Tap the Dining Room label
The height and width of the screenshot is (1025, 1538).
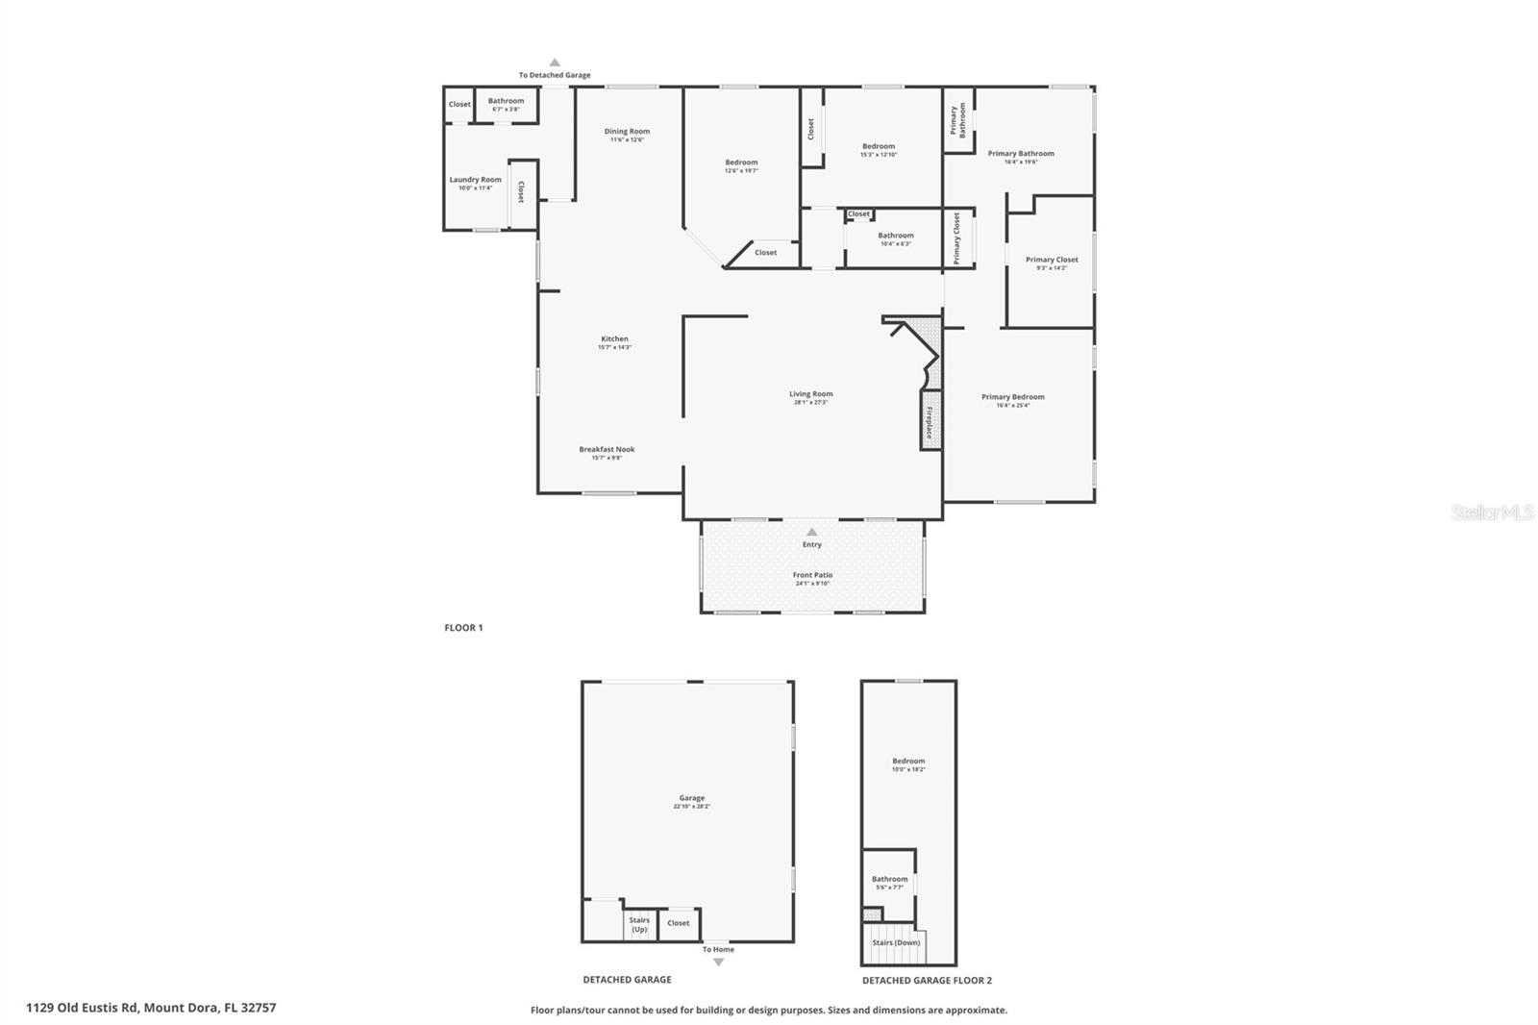coord(627,132)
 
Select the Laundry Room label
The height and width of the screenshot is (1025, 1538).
coord(475,180)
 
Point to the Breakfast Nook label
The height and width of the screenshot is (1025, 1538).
coord(607,449)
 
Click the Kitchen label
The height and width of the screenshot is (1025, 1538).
coord(614,338)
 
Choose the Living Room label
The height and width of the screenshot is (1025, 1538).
coord(810,393)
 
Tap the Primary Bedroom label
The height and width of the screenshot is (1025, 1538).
coord(1012,396)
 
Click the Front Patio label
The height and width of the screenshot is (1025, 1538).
coord(812,575)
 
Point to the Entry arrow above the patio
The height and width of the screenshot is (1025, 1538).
coord(812,532)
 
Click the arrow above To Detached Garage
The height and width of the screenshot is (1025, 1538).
coord(555,62)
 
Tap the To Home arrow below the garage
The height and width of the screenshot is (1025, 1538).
coord(718,962)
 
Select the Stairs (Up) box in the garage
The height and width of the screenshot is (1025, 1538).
coord(639,924)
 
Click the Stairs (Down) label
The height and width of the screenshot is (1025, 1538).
coord(896,942)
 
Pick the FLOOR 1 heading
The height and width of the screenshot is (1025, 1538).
coord(463,628)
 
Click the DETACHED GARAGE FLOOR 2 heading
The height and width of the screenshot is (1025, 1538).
coord(927,981)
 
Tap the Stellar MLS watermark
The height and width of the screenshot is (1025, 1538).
coord(1492,512)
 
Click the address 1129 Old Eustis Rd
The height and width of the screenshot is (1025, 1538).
coord(151,1008)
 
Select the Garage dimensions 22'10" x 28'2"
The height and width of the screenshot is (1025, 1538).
coord(691,807)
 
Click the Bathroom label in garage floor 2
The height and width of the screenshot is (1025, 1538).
coord(889,879)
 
